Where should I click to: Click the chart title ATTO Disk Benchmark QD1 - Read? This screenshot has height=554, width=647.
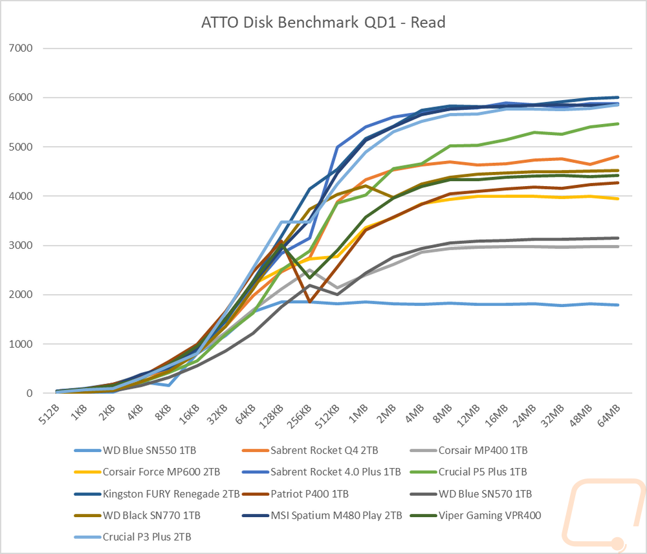coord(323,22)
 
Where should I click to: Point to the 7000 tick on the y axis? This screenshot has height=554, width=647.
coord(21,48)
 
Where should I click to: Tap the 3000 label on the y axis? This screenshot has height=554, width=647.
coord(21,245)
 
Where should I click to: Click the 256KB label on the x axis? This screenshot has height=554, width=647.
coord(299,416)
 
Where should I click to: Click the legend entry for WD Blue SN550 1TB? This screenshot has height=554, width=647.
coord(135,450)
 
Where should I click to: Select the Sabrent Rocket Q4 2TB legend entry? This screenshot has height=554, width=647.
coord(310,450)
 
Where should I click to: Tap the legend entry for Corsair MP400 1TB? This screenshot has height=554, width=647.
coord(469,450)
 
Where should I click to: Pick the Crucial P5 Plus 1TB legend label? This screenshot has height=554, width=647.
coord(468,471)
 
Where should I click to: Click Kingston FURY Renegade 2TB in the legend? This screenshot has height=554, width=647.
coord(157,493)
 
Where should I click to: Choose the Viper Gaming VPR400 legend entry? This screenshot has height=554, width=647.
coord(476,515)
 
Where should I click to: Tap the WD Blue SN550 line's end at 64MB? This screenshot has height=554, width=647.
coord(618,305)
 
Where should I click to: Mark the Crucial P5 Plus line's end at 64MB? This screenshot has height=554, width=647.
coord(618,123)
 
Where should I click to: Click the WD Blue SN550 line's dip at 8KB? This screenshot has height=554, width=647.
coord(169,385)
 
